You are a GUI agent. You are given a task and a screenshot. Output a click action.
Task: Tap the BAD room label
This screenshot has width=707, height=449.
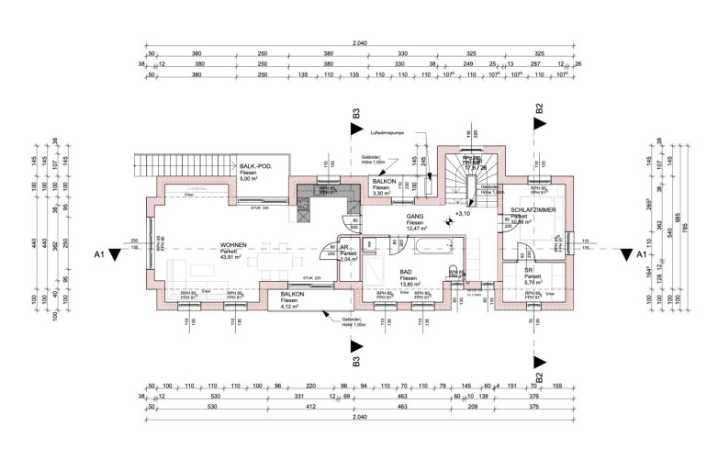click(405, 273)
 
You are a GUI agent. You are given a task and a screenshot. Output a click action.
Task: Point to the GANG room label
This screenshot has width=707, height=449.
click(415, 216)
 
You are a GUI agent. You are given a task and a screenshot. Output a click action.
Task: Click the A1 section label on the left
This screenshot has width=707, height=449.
click(98, 254)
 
